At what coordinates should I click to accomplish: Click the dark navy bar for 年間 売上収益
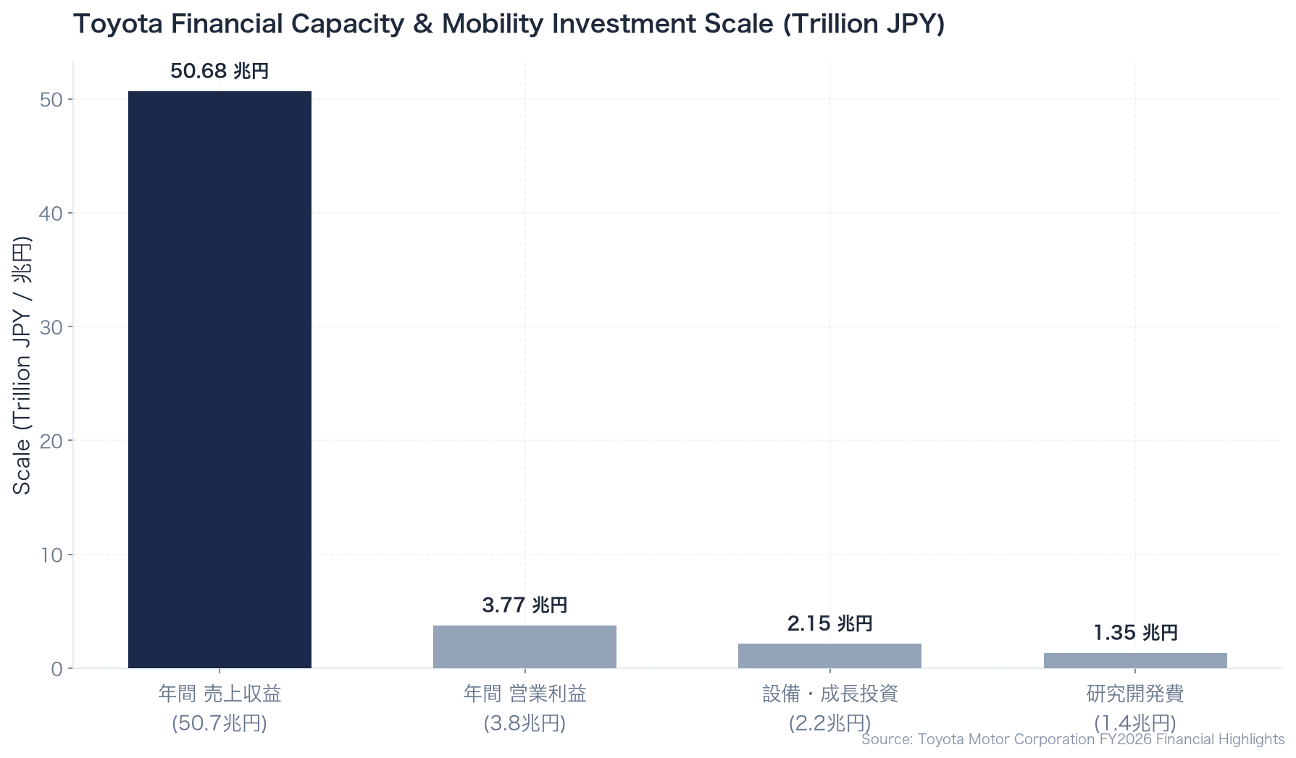coord(220,379)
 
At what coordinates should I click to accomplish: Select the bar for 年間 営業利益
coord(524,647)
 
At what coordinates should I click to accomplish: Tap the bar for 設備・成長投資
coord(829,656)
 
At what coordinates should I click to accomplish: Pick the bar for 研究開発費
coord(1135,660)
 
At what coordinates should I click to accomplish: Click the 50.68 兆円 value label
coord(220,71)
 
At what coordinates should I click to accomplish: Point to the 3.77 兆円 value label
coord(524,605)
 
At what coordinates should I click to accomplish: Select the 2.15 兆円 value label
coord(829,623)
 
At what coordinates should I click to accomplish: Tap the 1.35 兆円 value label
coord(1135,633)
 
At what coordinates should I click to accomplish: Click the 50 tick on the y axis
coord(51,99)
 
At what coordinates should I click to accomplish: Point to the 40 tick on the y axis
coord(51,213)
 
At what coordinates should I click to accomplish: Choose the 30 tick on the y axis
coord(51,327)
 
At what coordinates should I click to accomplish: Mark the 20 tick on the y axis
coord(51,440)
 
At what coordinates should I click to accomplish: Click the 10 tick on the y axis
coord(51,555)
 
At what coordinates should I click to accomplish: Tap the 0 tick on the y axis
coord(57,668)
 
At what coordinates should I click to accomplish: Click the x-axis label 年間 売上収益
coord(220,694)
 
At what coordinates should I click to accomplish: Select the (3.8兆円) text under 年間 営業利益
coord(524,723)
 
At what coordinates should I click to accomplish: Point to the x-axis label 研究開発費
coord(1135,694)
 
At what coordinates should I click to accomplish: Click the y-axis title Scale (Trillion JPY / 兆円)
coord(22,366)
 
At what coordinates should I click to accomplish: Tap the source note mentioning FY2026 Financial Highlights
coord(1073,739)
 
